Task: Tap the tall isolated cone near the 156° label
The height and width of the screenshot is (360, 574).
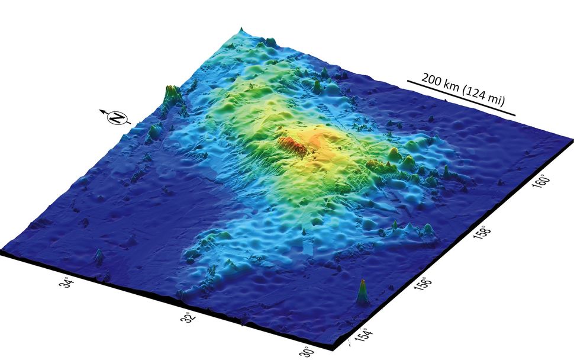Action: coord(362,292)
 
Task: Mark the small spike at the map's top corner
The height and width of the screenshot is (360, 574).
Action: coord(241,30)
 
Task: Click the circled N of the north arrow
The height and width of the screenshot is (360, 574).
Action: coord(118,118)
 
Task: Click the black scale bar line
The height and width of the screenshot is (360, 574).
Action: coord(462,98)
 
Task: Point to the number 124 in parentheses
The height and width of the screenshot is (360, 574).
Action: coord(479,95)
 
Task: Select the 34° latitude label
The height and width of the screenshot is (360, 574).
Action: coord(69,284)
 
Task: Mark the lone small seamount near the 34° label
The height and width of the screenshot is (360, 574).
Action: coord(98,257)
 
